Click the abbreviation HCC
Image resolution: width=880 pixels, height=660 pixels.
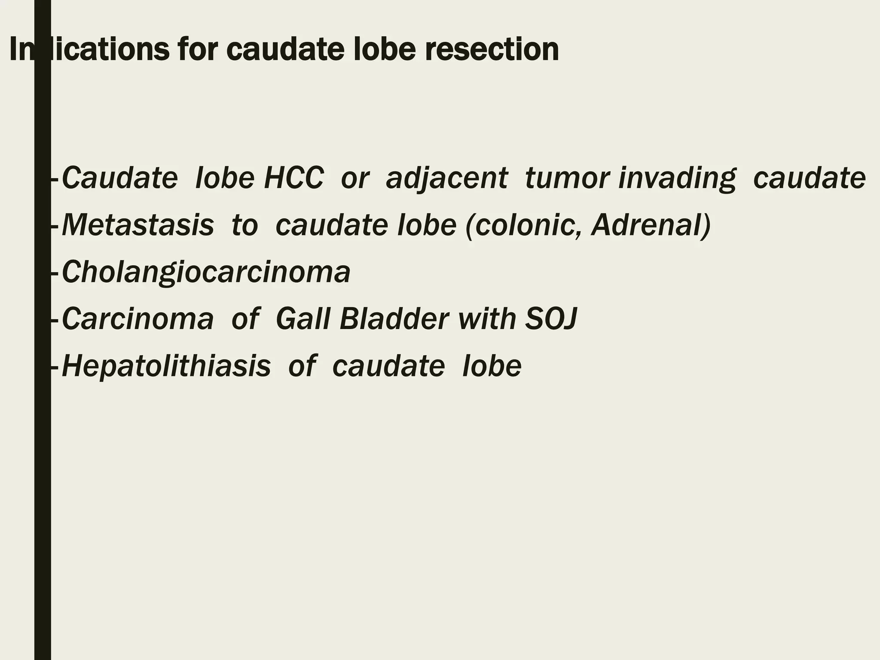pyautogui.click(x=293, y=178)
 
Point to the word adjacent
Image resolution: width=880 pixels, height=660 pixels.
pyautogui.click(x=447, y=178)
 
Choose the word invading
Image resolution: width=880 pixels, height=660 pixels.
pyautogui.click(x=677, y=178)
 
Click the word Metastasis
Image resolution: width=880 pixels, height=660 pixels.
pyautogui.click(x=138, y=225)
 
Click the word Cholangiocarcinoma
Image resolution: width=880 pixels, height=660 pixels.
pyautogui.click(x=206, y=272)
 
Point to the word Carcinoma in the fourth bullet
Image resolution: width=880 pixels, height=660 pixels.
pyautogui.click(x=138, y=319)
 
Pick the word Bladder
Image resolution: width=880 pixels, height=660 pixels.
pyautogui.click(x=394, y=319)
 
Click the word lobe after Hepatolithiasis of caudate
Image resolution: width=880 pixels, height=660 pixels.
pyautogui.click(x=492, y=366)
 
